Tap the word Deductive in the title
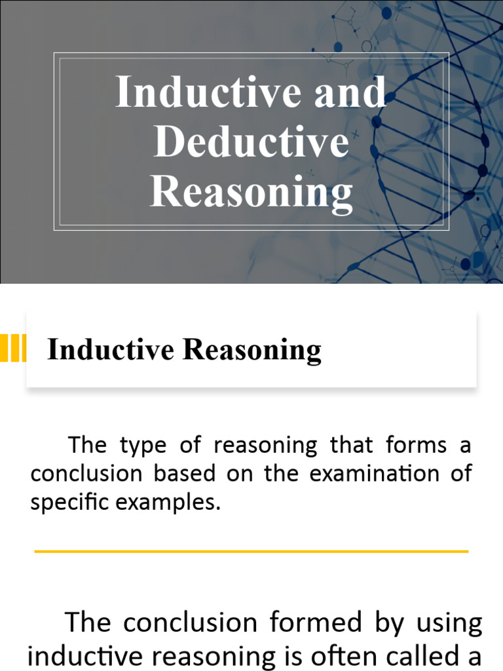[x=251, y=142]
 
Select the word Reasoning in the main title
[x=251, y=192]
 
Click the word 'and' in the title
[x=350, y=92]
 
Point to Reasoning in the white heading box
[x=252, y=351]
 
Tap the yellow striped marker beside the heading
[x=13, y=348]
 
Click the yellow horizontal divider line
[x=251, y=551]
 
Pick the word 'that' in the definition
[x=350, y=446]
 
